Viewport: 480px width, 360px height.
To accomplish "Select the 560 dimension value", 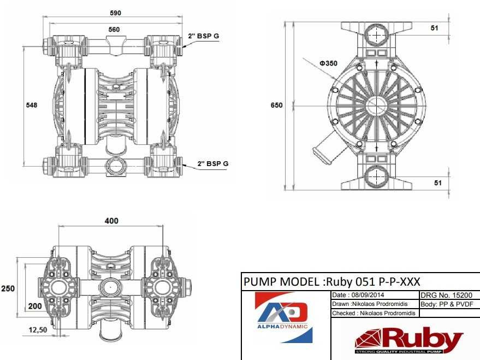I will point(114,29).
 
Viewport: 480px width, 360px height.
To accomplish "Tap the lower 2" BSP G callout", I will point(212,163).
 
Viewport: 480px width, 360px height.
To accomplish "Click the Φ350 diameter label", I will point(329,63).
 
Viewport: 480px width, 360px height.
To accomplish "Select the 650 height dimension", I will point(277,105).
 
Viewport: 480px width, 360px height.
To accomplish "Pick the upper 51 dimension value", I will point(435,28).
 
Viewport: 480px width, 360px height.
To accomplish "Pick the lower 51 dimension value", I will point(437,183).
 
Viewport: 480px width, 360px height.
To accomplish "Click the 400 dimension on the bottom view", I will point(111,221).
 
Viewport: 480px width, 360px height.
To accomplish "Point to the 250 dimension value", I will point(8,288).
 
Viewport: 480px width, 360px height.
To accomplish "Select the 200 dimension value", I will point(34,306).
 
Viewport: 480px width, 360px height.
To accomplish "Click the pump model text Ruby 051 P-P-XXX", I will point(331,282).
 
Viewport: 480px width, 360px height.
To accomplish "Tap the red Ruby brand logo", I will point(408,340).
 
